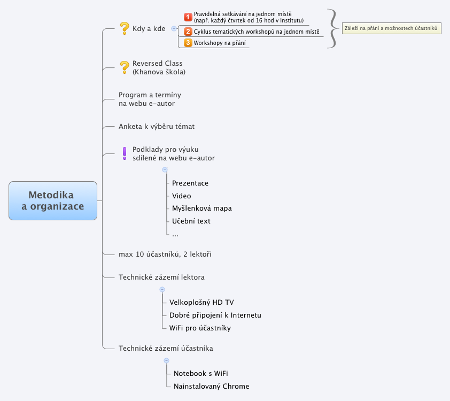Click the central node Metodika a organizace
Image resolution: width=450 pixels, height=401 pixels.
[x=52, y=200]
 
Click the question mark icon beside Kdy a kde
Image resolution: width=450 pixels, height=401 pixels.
[x=125, y=28]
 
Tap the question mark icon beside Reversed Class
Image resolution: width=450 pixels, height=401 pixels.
[x=125, y=67]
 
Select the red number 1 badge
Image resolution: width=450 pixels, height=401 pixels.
[x=188, y=17]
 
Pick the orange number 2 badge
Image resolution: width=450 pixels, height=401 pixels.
[x=188, y=32]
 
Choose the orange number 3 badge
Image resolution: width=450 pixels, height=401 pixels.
[x=188, y=43]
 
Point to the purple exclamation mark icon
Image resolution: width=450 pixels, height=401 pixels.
[x=125, y=153]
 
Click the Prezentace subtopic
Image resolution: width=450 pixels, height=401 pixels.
[x=190, y=183]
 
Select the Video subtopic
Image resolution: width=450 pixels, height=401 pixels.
[x=182, y=196]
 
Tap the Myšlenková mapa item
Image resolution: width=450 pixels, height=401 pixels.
[x=202, y=209]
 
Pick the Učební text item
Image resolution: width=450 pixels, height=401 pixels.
[x=191, y=221]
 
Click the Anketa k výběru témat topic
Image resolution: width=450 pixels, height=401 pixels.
[x=157, y=127]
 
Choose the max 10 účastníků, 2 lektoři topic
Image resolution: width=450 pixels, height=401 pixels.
[x=165, y=255]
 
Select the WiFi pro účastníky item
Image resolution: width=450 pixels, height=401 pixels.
[x=200, y=328]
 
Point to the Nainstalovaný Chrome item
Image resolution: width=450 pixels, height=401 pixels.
[x=211, y=387]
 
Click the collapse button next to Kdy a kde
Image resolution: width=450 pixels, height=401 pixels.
[x=173, y=28]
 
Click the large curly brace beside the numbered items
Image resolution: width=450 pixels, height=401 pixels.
[x=333, y=28]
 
